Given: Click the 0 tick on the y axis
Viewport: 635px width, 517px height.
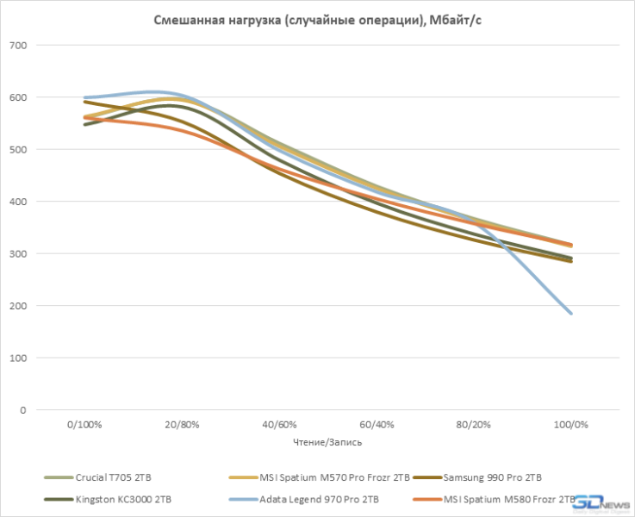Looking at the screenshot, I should pyautogui.click(x=22, y=410).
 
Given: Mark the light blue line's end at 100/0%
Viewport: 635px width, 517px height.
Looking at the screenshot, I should pyautogui.click(x=570, y=314).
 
